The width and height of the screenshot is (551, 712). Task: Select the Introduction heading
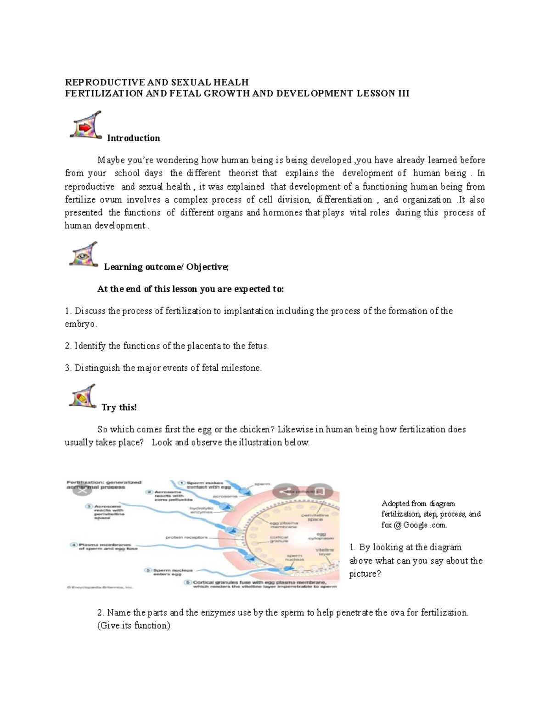133,138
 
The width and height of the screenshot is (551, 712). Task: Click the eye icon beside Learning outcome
84,254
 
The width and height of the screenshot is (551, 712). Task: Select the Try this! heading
119,408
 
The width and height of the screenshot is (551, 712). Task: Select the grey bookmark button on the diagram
320,491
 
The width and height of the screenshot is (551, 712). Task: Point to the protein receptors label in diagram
187,537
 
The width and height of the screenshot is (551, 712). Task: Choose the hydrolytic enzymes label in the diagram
202,510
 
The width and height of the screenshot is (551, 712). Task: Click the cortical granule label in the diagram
279,539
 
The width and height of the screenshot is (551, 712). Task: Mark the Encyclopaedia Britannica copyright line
99,586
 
